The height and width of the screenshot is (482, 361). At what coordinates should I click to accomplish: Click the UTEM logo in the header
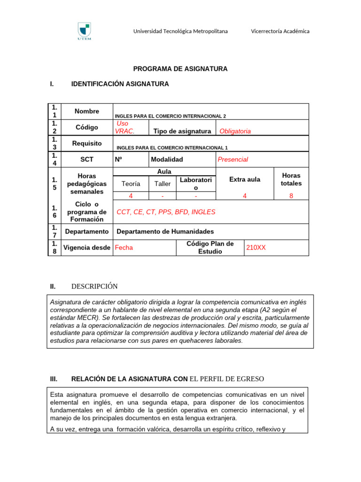[84, 32]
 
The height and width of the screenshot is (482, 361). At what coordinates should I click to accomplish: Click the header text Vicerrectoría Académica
[280, 31]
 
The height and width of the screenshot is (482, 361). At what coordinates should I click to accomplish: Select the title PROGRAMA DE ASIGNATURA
[180, 69]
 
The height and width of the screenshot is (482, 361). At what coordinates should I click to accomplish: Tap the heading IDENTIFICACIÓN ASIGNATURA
[119, 84]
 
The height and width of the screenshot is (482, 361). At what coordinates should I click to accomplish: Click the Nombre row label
[86, 112]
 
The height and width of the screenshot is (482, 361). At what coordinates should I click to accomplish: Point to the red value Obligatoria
[235, 131]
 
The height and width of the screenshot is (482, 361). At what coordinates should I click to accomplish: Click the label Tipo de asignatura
[181, 131]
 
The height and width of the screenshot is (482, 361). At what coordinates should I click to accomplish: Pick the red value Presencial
[232, 160]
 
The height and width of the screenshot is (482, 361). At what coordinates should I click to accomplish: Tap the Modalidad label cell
[167, 160]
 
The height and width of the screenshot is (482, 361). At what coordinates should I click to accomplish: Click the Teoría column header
[131, 184]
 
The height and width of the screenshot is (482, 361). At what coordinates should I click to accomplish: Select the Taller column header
[163, 184]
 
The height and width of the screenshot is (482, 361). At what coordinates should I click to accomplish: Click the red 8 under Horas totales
[291, 196]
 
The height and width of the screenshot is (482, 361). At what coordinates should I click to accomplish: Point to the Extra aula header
[244, 179]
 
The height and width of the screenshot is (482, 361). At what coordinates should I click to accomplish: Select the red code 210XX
[256, 247]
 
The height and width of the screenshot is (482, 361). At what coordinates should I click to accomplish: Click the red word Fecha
[124, 247]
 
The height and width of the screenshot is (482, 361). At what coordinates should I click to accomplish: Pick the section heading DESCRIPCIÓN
[94, 286]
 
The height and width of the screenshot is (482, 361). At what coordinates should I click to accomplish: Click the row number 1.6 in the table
[55, 211]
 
